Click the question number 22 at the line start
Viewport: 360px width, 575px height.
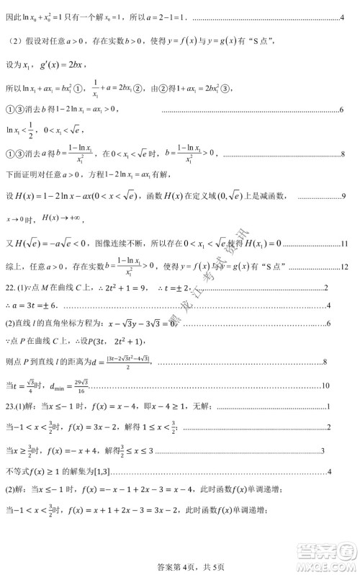pyautogui.click(x=10, y=287)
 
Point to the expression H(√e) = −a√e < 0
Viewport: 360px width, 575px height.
pyautogui.click(x=48, y=243)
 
